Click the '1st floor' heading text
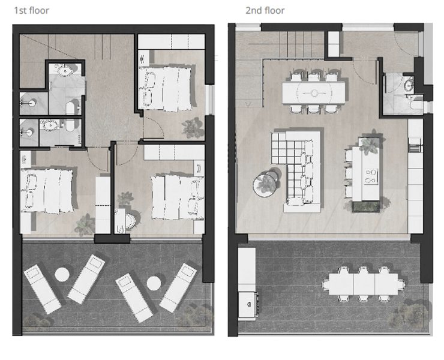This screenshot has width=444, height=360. click(x=31, y=11)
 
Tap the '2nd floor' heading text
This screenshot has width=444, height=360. click(x=265, y=11)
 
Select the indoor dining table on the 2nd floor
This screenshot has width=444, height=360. click(x=314, y=92)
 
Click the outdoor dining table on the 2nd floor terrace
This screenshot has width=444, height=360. click(x=364, y=284)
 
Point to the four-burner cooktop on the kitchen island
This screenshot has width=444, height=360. click(x=371, y=176)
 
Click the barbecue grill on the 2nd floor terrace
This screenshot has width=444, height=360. click(x=248, y=305)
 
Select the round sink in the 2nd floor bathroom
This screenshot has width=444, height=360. click(x=408, y=85)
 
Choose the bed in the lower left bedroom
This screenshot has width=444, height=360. click(x=47, y=190)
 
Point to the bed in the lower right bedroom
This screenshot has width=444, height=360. click(x=178, y=197)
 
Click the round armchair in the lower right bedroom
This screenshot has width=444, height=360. click(x=130, y=221)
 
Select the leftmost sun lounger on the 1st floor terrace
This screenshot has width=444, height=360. click(x=42, y=289)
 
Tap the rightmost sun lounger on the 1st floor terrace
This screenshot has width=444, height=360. click(x=178, y=288)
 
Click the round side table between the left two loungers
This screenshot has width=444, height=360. click(x=62, y=274)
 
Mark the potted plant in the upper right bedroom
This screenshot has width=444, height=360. click(x=193, y=128)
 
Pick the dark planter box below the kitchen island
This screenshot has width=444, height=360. click(x=366, y=206)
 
